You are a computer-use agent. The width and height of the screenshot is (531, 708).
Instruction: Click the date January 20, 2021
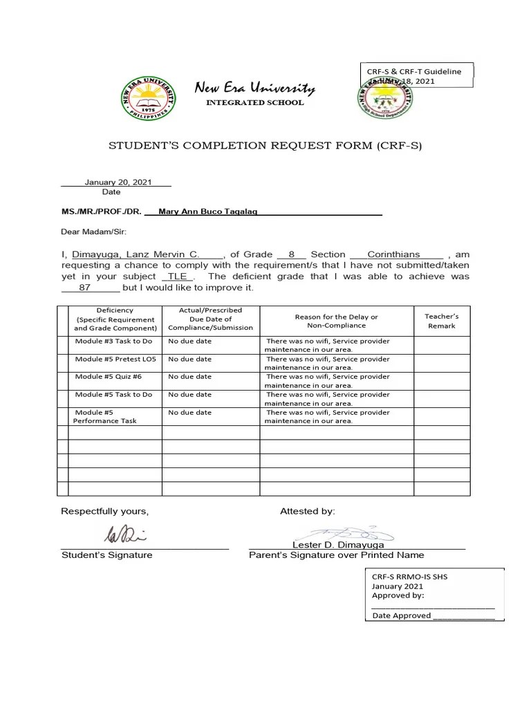pyautogui.click(x=118, y=182)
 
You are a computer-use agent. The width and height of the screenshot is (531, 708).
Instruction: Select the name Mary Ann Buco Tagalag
pyautogui.click(x=208, y=211)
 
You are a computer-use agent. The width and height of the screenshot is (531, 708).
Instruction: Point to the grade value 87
pyautogui.click(x=86, y=287)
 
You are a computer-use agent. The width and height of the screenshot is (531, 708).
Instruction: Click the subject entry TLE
pyautogui.click(x=178, y=276)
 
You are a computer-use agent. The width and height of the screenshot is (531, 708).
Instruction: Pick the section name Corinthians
pyautogui.click(x=395, y=254)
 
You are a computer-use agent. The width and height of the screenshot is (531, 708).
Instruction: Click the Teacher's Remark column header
pyautogui.click(x=441, y=321)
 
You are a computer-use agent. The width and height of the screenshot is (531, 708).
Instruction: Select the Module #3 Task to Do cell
pyautogui.click(x=113, y=341)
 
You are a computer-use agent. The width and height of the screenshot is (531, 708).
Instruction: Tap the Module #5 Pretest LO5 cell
pyautogui.click(x=115, y=359)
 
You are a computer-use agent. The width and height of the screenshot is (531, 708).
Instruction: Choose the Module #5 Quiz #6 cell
pyautogui.click(x=108, y=377)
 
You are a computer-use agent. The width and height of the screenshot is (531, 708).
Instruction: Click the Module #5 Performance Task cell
pyautogui.click(x=105, y=416)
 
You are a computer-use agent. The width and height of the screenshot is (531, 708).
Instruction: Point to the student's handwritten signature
pyautogui.click(x=125, y=534)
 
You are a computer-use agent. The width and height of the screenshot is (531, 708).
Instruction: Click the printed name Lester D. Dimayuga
pyautogui.click(x=338, y=545)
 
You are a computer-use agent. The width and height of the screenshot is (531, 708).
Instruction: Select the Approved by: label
pyautogui.click(x=398, y=595)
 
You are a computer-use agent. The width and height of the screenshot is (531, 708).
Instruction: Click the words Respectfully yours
pyautogui.click(x=104, y=511)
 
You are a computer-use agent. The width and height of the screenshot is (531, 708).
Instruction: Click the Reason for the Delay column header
pyautogui.click(x=336, y=321)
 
